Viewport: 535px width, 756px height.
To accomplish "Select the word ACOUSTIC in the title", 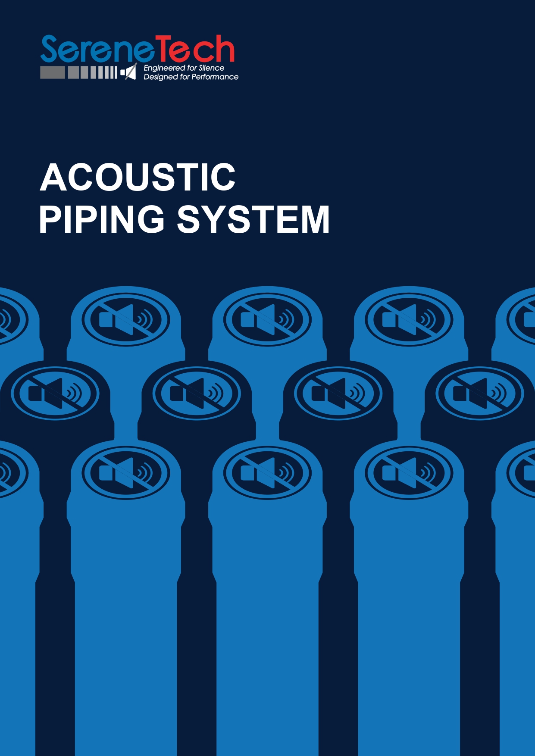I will click(x=138, y=177).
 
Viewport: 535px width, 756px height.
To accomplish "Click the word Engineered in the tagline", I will click(x=164, y=68).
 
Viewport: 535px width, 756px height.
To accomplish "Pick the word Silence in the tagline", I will click(x=211, y=68).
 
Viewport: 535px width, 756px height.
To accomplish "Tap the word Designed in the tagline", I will click(x=160, y=77).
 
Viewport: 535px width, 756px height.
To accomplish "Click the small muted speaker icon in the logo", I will click(x=129, y=72).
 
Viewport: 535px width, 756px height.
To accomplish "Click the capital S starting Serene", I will click(x=50, y=49).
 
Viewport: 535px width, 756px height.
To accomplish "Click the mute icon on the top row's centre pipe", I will click(x=267, y=319).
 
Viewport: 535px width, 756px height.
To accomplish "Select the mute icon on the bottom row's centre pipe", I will click(x=267, y=472).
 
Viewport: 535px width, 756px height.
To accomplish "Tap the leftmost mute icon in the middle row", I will click(x=55, y=393).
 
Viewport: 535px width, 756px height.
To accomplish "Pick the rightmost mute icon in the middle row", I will click(x=479, y=393).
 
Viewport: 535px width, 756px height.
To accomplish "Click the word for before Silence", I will click(x=192, y=68).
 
